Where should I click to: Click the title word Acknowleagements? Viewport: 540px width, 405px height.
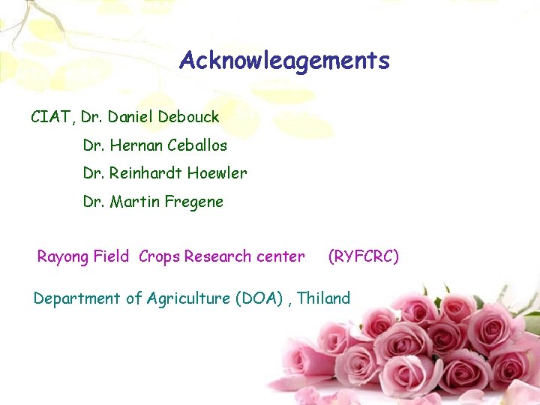pos(284,61)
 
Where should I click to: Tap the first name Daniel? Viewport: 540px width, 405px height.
pos(130,117)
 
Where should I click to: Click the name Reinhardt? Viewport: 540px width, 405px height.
pos(145,173)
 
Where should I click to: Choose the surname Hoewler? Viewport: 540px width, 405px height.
pos(217,173)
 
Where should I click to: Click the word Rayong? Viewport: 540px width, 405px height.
pos(63,257)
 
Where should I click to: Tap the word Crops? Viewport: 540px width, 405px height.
pos(159,257)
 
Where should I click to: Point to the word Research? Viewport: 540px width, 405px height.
pos(217,256)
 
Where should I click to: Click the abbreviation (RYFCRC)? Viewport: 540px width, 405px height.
pos(364,256)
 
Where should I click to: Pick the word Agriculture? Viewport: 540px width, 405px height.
pos(188,298)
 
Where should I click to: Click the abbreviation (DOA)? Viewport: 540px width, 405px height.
pos(260,298)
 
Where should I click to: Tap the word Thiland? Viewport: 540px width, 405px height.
pos(324,298)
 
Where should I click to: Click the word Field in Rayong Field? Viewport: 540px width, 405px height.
pos(112,256)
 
